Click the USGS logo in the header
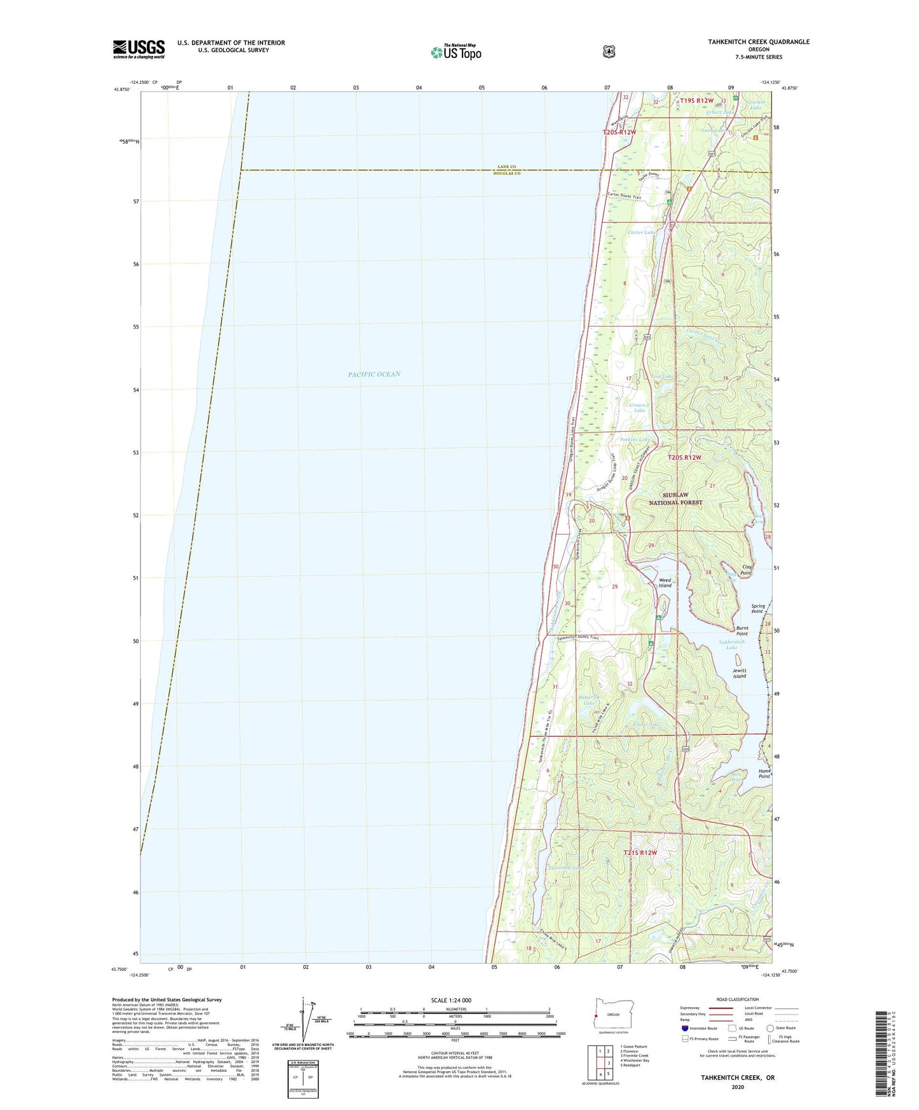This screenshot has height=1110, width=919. click(x=139, y=49)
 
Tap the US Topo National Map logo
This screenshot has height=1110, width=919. click(x=455, y=52)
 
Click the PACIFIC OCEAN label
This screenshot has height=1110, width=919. click(x=374, y=374)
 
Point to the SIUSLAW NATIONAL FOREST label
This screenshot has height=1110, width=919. click(x=675, y=498)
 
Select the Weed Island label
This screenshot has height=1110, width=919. click(x=665, y=583)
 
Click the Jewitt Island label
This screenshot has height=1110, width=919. click(x=739, y=673)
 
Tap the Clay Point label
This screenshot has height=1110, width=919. click(x=746, y=570)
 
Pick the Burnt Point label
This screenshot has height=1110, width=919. click(x=742, y=631)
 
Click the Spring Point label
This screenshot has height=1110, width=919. click(x=757, y=608)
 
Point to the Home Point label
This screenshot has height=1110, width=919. click(x=764, y=774)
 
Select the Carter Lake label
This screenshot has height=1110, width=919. click(x=641, y=233)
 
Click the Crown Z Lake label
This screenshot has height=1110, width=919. click(x=639, y=408)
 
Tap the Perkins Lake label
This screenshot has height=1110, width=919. click(x=635, y=440)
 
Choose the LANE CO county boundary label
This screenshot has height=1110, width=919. click(x=509, y=167)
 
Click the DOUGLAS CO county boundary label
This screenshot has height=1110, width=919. click(x=508, y=174)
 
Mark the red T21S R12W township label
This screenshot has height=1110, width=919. click(x=640, y=853)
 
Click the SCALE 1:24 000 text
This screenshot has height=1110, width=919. click(x=451, y=1001)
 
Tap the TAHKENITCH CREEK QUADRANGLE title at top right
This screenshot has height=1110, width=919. click(x=759, y=42)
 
